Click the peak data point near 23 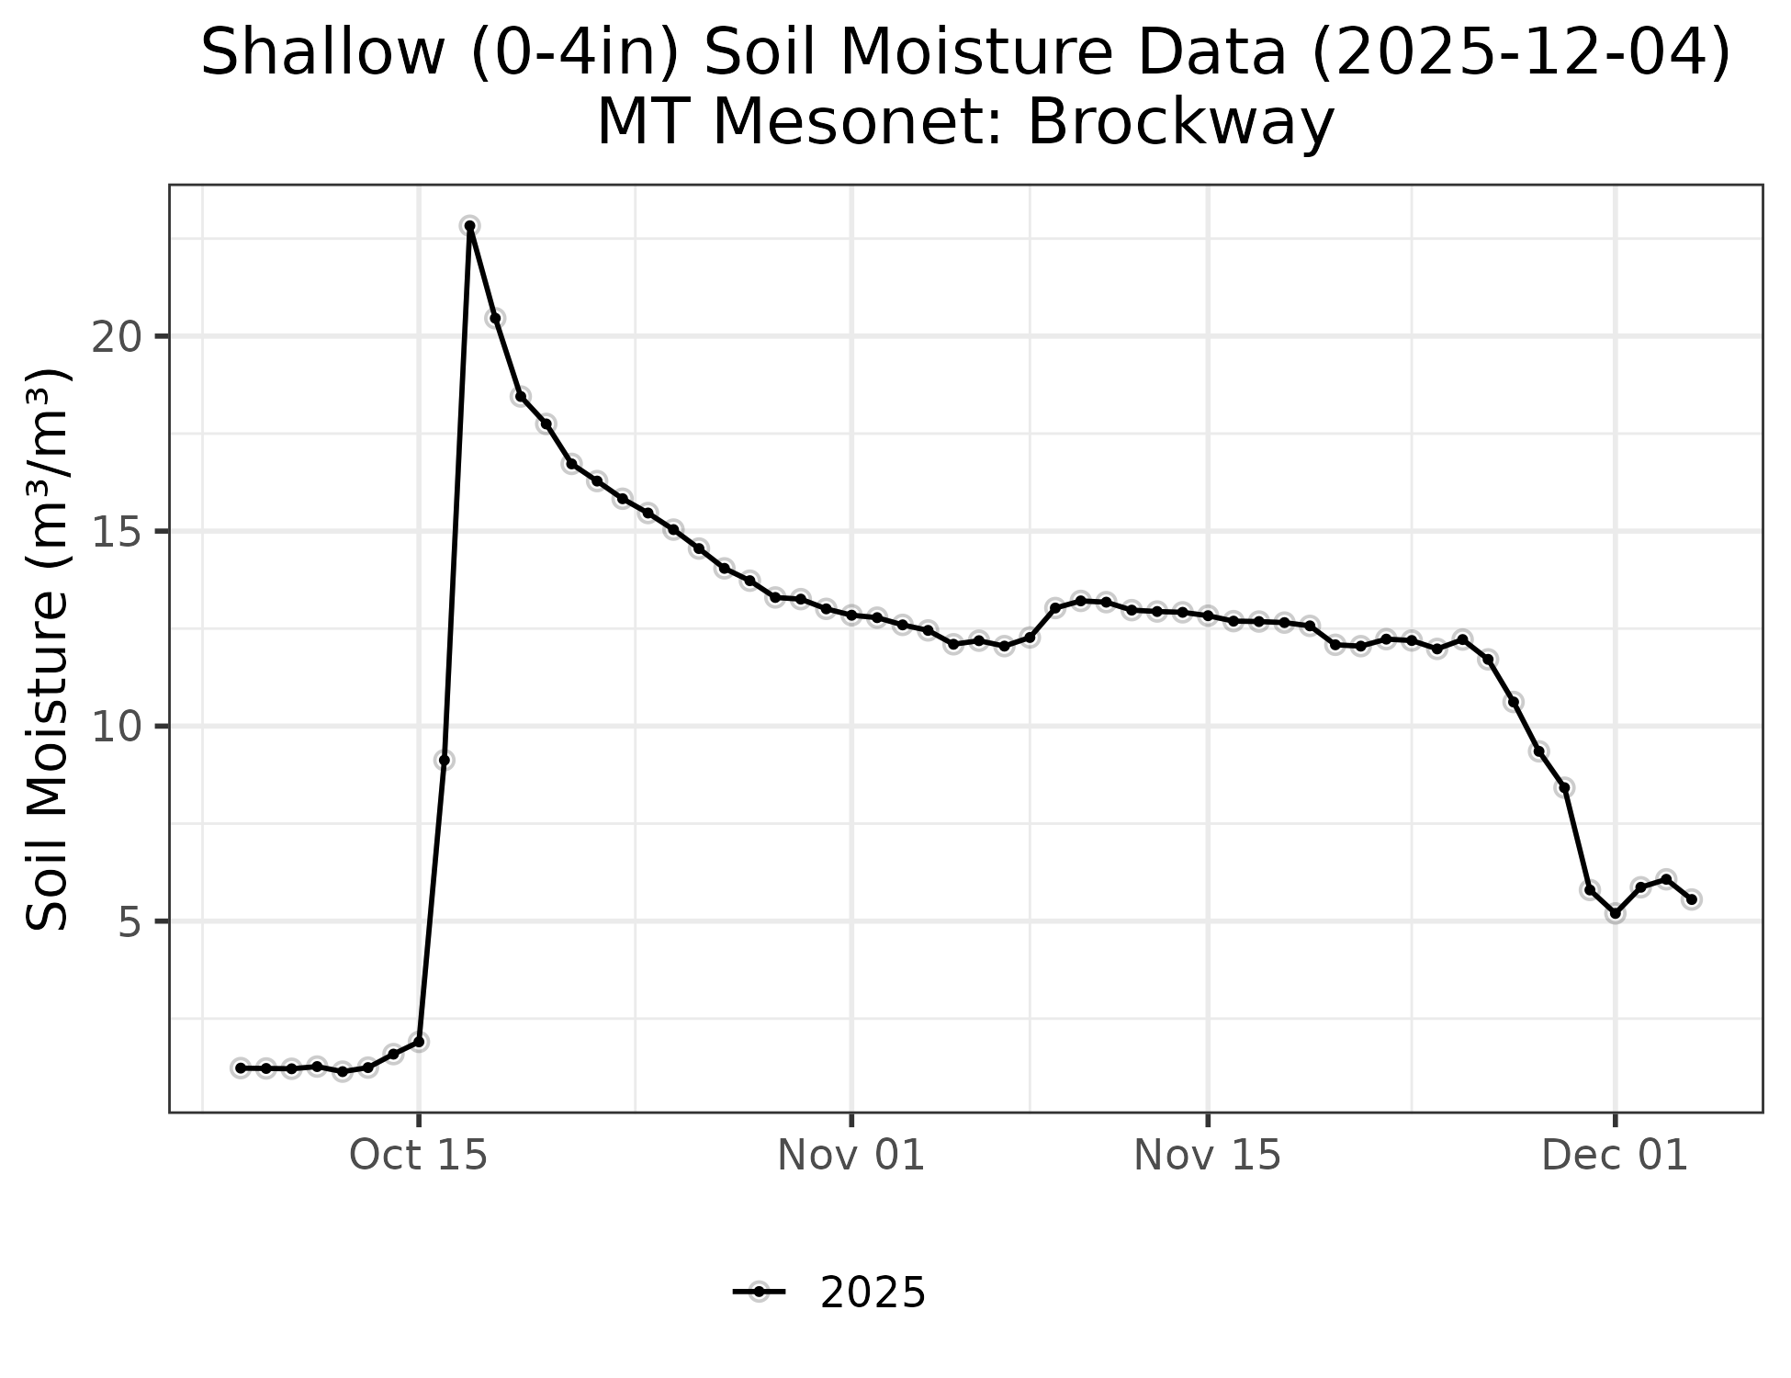pos(469,226)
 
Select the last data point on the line pos(1691,899)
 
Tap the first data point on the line pos(241,1067)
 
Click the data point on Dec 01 pos(1615,913)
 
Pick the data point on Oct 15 pos(419,1042)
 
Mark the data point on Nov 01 pos(851,615)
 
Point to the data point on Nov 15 pos(1207,615)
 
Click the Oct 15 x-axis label pos(419,1156)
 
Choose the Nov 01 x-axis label pos(851,1156)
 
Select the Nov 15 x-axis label pos(1207,1156)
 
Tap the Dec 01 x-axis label pos(1615,1156)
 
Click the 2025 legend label pos(873,1293)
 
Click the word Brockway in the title pos(1179,122)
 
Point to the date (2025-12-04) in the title pos(1520,53)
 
